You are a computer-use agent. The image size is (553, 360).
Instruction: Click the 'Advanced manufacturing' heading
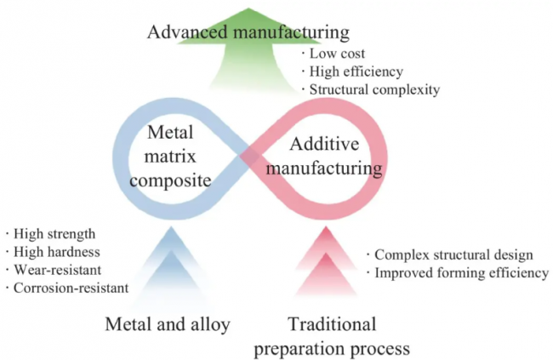tap(248, 32)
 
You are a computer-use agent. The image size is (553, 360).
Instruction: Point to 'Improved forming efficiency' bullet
tap(456, 272)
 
